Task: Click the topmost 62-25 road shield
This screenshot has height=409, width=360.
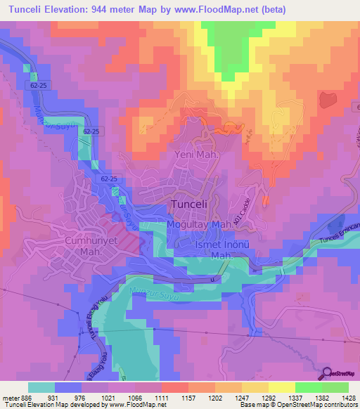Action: pyautogui.click(x=41, y=84)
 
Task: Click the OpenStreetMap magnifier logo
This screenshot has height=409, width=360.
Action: pyautogui.click(x=327, y=374)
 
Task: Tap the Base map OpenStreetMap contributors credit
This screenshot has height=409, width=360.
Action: pyautogui.click(x=297, y=405)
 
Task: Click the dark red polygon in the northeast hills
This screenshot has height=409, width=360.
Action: pyautogui.click(x=328, y=99)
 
